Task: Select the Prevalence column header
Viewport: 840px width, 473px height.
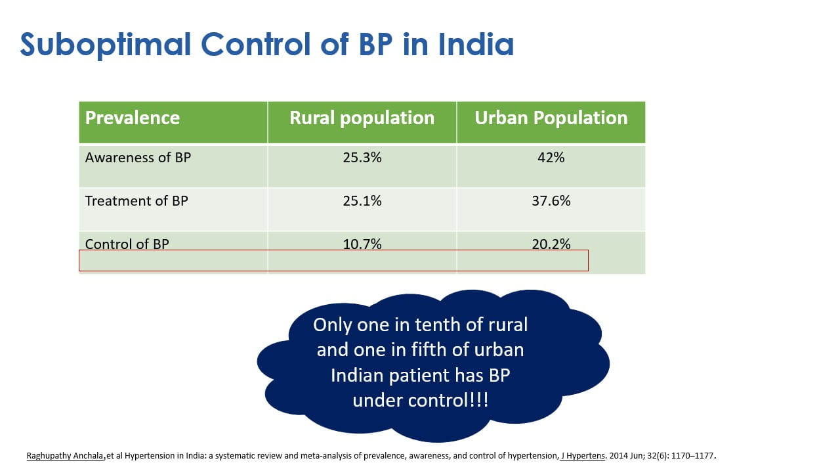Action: coord(133,118)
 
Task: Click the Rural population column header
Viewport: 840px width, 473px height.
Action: coord(362,118)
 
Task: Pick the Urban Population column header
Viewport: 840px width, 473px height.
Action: coord(551,118)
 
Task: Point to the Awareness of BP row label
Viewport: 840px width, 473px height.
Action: coord(138,158)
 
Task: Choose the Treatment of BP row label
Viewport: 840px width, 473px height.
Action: coord(136,201)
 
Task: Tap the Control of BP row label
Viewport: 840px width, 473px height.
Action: coord(127,244)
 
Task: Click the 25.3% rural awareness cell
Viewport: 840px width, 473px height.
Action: coord(362,158)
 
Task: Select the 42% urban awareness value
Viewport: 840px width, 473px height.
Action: coord(551,158)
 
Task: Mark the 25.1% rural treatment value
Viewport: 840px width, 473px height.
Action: coord(362,201)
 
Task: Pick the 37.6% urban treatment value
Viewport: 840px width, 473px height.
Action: coord(551,201)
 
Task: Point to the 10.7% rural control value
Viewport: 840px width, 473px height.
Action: coord(362,244)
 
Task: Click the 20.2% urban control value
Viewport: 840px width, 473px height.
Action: coord(551,244)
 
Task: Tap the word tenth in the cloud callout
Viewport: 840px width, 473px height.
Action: coord(438,325)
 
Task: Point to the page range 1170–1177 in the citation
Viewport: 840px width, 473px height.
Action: coord(690,455)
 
